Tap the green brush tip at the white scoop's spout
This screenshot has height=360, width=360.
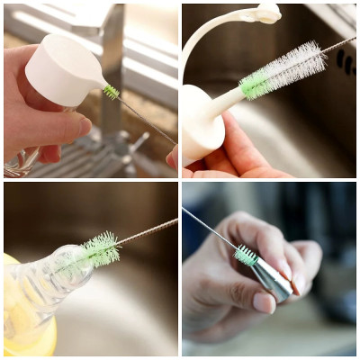point(111,91)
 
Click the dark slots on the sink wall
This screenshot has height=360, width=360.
point(344,61)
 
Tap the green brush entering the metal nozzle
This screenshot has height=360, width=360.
point(246,256)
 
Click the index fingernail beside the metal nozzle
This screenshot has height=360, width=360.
point(286,267)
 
